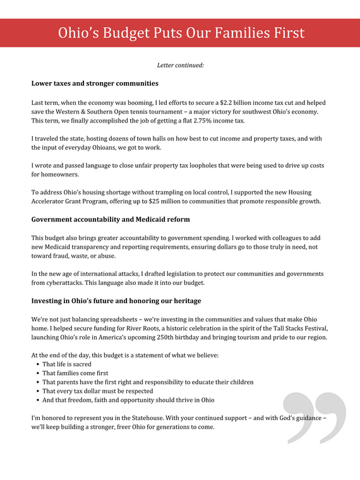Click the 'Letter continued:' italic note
tap(180, 65)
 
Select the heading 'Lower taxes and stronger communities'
tap(95, 83)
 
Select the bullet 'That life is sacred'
tap(66, 364)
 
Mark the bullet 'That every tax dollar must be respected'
tap(98, 391)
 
